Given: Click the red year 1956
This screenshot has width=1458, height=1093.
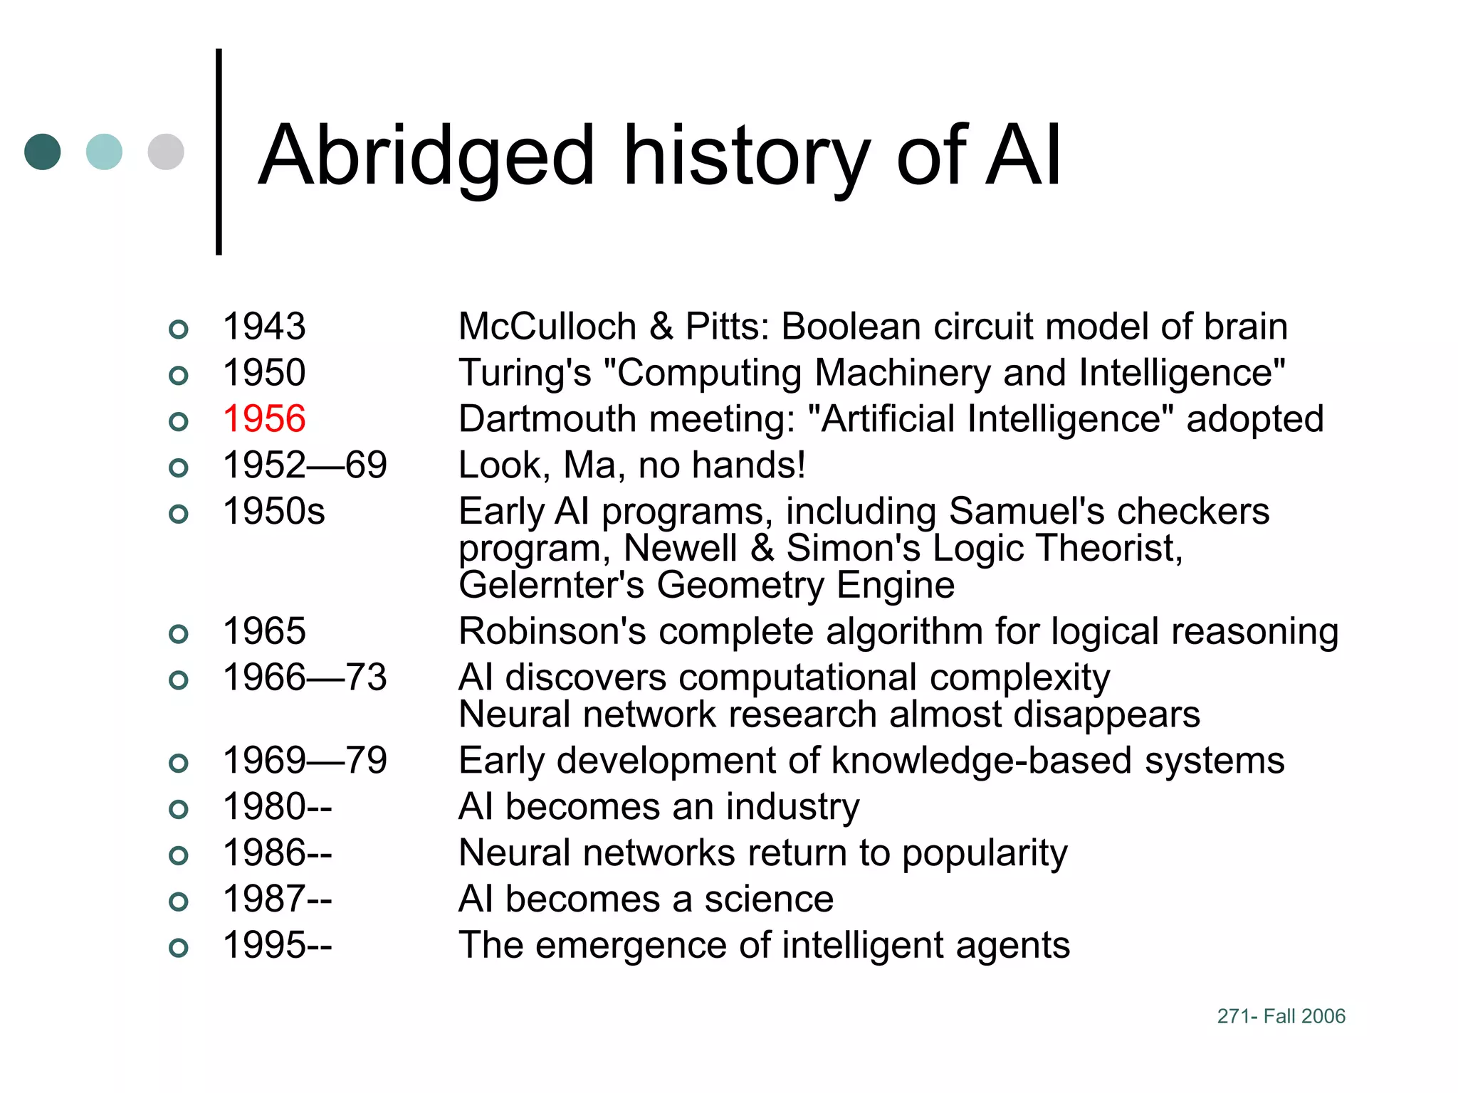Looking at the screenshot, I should tap(264, 418).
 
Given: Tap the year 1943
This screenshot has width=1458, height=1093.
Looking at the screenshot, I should tap(264, 327).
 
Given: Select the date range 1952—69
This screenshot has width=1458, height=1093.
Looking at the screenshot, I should tap(305, 465).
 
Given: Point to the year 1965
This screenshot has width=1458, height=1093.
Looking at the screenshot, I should tap(264, 631).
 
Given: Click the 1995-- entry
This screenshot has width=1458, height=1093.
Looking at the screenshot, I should tap(277, 946).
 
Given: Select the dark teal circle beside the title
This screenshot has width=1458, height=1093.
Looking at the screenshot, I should tap(43, 152).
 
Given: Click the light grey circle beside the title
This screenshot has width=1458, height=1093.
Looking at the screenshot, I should tap(166, 152).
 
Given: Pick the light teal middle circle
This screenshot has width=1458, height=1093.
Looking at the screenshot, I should tap(104, 152).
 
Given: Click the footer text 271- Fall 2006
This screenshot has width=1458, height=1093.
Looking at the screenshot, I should tap(1281, 1016).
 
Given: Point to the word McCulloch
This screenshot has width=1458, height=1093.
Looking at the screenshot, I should tap(547, 327).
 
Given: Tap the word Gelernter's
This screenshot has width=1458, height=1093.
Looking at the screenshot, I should tap(551, 586).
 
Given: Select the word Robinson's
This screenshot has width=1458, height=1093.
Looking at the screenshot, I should tap(551, 631).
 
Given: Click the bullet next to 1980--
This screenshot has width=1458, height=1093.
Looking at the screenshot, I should tap(179, 809).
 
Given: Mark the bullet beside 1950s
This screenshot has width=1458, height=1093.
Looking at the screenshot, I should tap(179, 514).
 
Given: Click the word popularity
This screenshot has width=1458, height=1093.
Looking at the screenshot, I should tap(985, 854).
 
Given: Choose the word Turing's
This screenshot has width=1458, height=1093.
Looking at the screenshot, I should tap(525, 373).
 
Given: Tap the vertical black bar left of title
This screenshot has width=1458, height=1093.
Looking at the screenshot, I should tap(219, 152).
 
